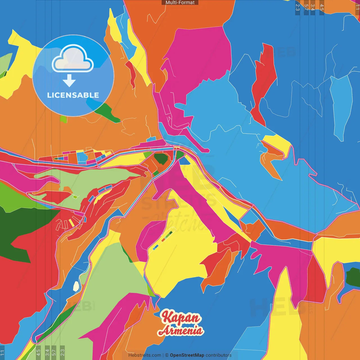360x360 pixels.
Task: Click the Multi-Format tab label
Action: pyautogui.click(x=180, y=3)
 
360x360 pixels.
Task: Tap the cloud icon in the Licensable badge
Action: pyautogui.click(x=73, y=58)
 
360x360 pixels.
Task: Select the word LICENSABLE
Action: pyautogui.click(x=73, y=95)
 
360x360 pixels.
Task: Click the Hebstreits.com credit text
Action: pyautogui.click(x=145, y=355)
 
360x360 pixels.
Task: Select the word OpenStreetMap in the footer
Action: pyautogui.click(x=187, y=355)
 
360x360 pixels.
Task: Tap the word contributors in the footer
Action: pyautogui.click(x=219, y=355)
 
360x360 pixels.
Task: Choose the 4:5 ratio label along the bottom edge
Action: pyautogui.click(x=38, y=352)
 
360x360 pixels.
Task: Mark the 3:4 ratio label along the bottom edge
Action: pyautogui.click(x=47, y=352)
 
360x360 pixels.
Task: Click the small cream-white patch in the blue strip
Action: pyautogui.click(x=76, y=286)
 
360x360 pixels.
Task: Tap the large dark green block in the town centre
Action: pyautogui.click(x=161, y=158)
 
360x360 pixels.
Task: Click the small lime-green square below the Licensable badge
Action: pyautogui.click(x=64, y=119)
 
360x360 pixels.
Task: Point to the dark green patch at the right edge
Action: pyautogui.click(x=353, y=277)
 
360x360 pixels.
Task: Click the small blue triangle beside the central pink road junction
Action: pyautogui.click(x=184, y=161)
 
